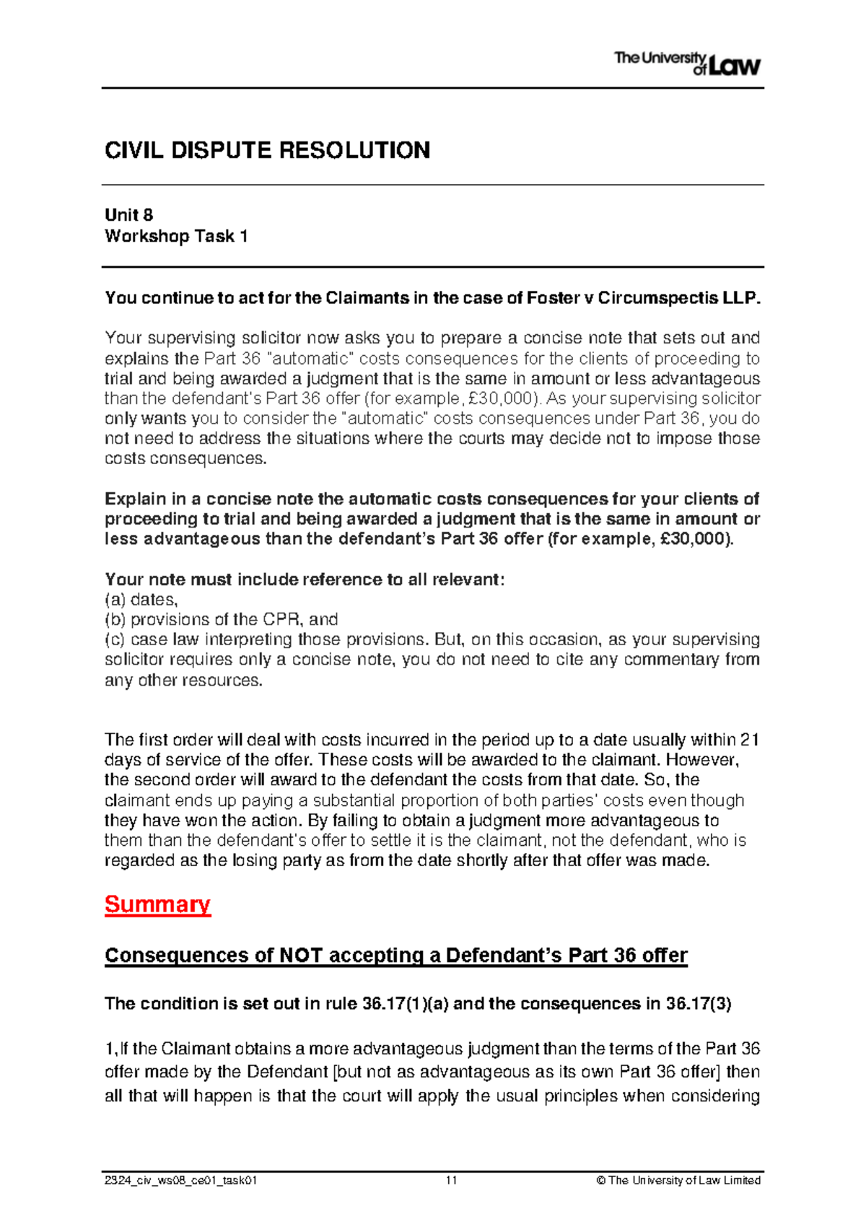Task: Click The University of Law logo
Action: tap(687, 64)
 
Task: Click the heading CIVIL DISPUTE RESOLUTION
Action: tap(267, 150)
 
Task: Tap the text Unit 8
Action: tap(128, 215)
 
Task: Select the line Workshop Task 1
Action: tap(176, 236)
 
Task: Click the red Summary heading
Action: tap(157, 904)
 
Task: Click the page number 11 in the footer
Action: tap(451, 1181)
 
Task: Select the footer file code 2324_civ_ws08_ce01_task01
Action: tap(180, 1181)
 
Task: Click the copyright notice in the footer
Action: tap(678, 1181)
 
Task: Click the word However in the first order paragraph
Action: tap(709, 760)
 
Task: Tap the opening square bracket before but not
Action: tap(335, 1072)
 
